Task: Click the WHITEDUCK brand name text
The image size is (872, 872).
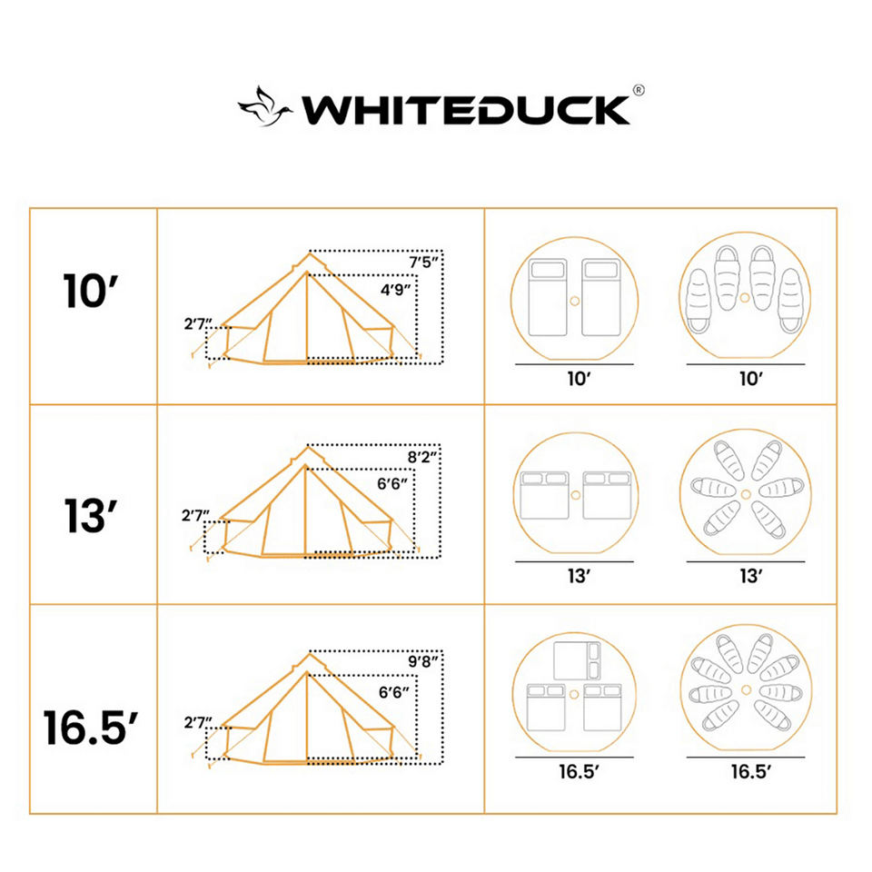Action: click(x=465, y=108)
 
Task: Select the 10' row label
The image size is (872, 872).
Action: click(x=93, y=291)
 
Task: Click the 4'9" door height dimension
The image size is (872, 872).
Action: click(x=394, y=290)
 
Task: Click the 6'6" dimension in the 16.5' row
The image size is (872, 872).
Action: click(x=394, y=692)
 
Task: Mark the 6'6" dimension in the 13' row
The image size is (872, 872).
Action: click(x=394, y=486)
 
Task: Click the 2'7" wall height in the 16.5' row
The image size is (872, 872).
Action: click(x=197, y=723)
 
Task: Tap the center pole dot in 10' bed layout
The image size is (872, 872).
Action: click(x=574, y=300)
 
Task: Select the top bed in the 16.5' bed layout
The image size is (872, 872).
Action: click(x=574, y=661)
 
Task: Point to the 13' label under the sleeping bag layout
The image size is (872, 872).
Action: click(x=749, y=576)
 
